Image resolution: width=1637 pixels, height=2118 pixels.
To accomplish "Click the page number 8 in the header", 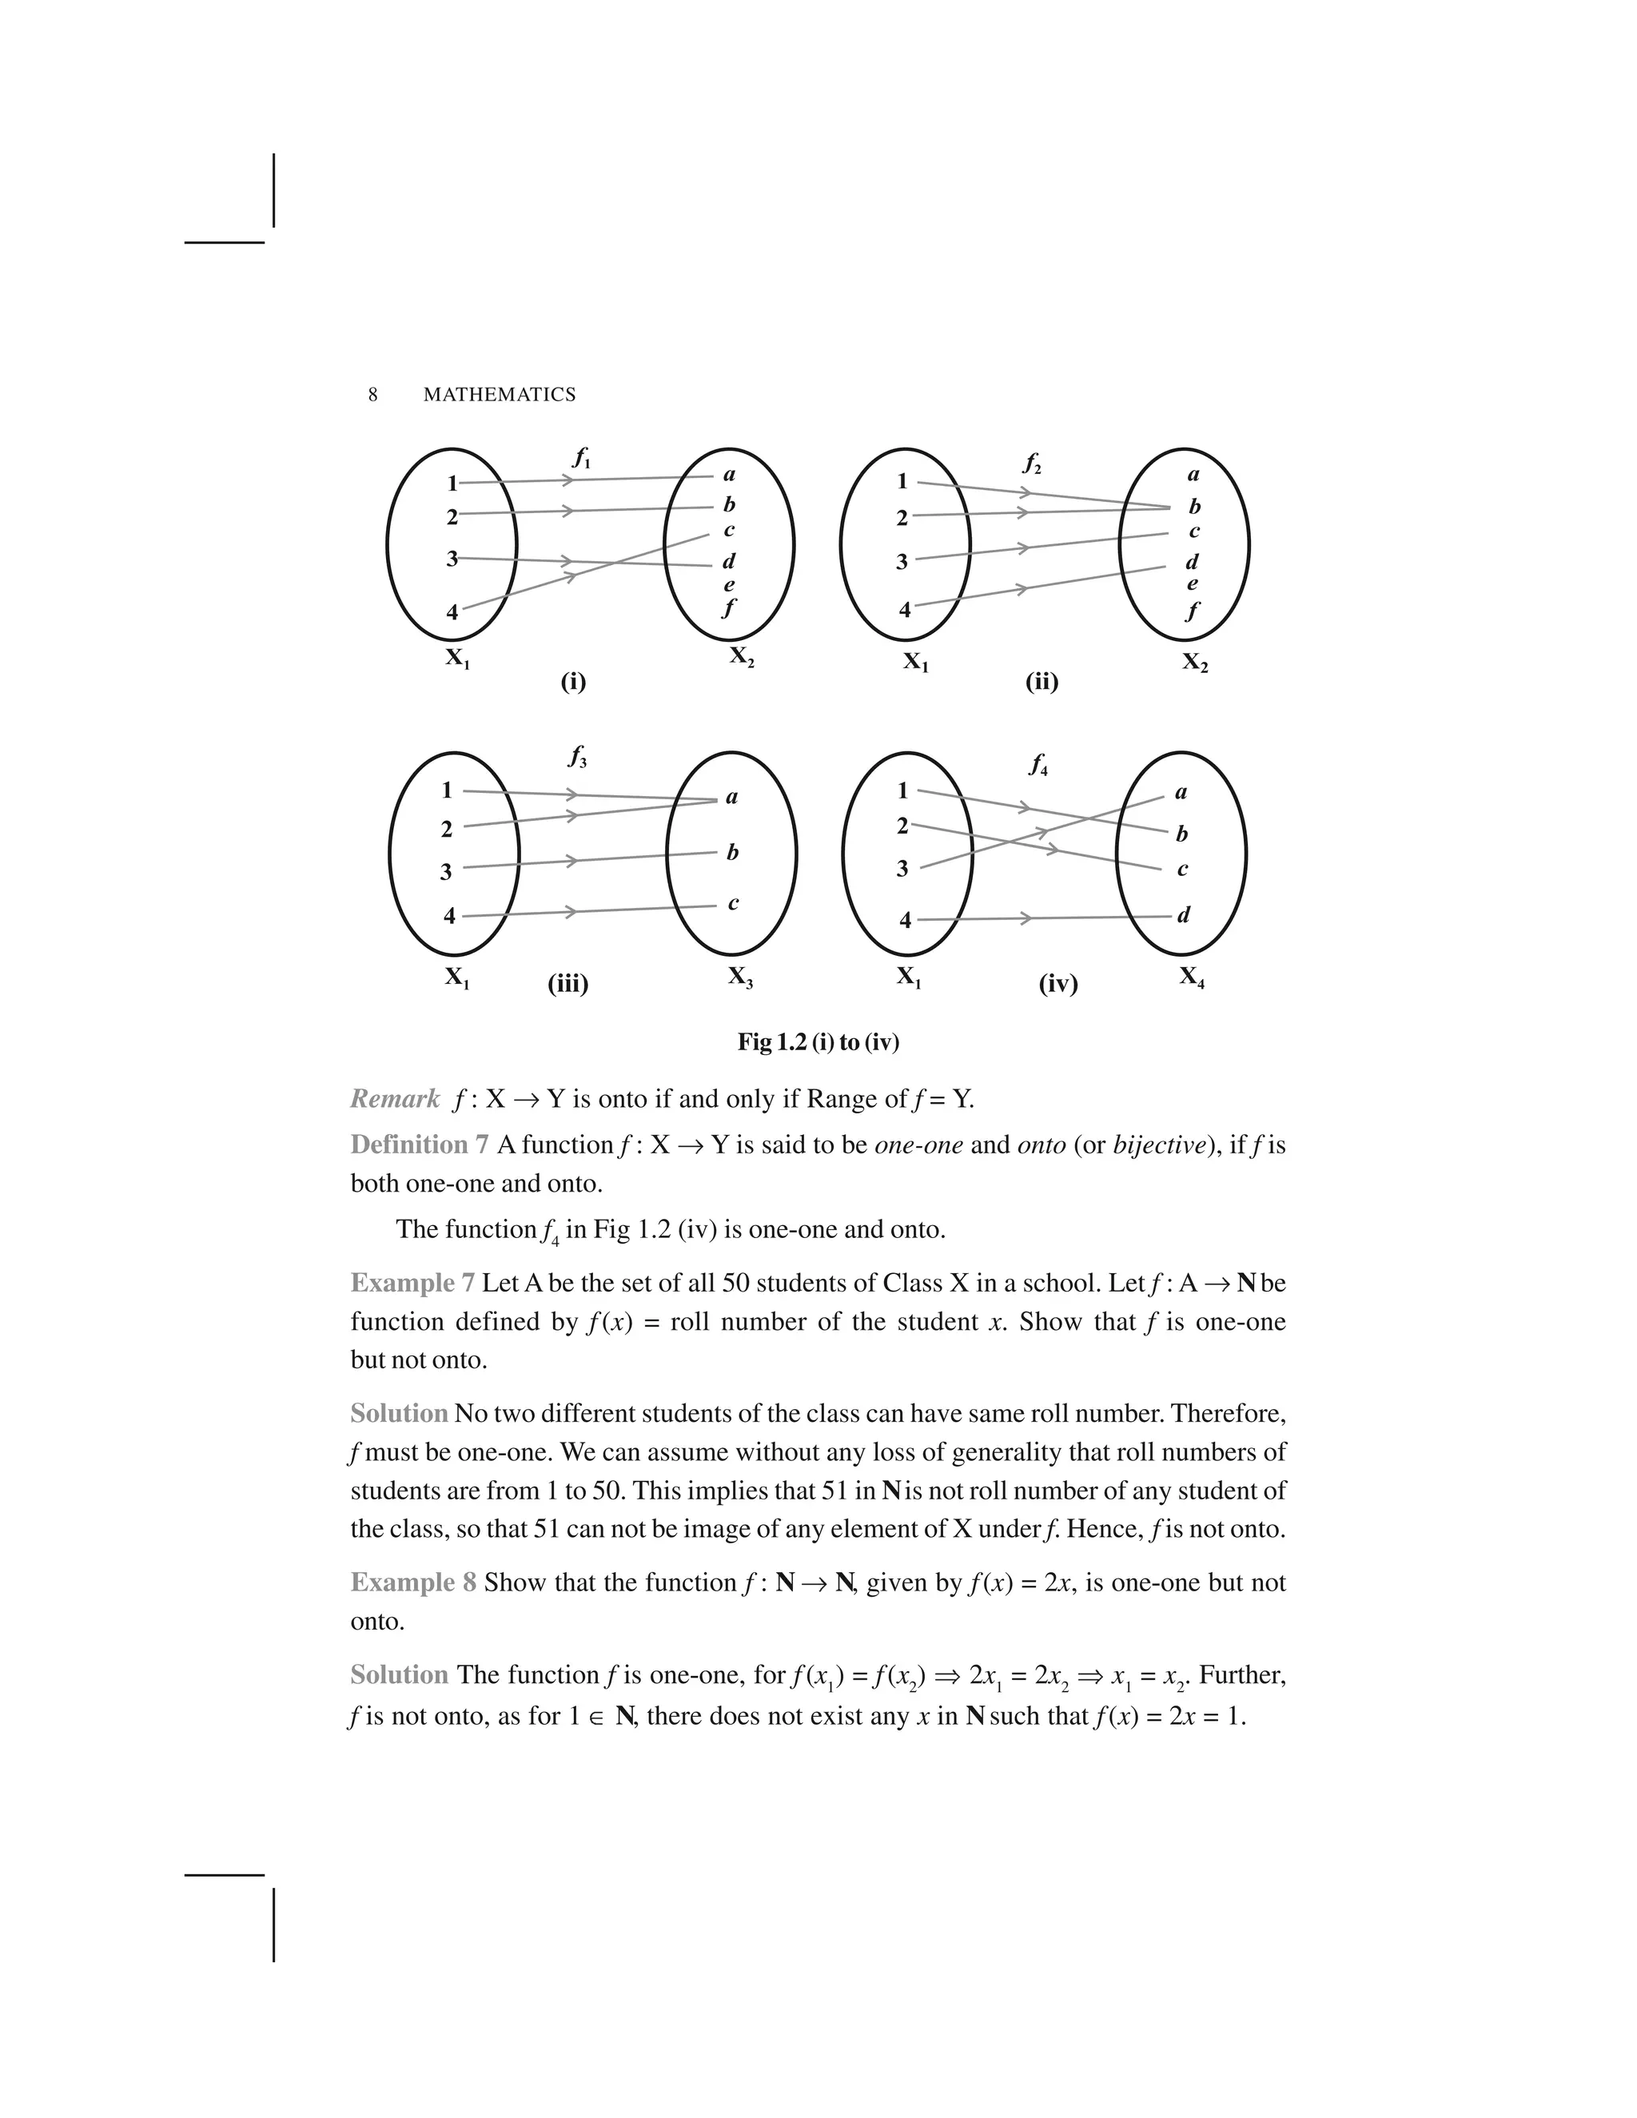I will [x=372, y=395].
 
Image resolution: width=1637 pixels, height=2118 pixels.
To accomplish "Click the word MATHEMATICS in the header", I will [x=500, y=395].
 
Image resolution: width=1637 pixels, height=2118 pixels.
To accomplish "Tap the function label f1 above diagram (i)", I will [x=581, y=458].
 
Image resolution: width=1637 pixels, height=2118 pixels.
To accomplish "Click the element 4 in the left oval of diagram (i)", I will [x=452, y=613].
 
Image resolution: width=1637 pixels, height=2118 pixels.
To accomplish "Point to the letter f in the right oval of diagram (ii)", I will [x=1193, y=611].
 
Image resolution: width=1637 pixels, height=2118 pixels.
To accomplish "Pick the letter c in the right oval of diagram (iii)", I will [x=733, y=903].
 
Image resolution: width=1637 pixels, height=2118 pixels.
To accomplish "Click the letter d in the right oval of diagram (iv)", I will [x=1183, y=914].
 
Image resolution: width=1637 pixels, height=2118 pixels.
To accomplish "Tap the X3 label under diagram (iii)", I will [x=741, y=977].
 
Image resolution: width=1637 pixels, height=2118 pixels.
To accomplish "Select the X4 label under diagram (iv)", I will [x=1192, y=977].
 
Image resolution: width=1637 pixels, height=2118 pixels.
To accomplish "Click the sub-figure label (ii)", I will [x=1042, y=682].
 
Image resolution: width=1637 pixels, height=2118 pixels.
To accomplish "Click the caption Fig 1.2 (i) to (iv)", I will [x=818, y=1042].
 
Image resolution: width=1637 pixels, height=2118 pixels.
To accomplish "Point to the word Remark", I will [x=395, y=1099].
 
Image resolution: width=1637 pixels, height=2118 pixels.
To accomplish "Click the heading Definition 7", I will [x=419, y=1145].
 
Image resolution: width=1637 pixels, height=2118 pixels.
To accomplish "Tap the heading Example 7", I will [x=412, y=1283].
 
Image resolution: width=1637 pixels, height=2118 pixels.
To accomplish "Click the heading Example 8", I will [x=413, y=1583].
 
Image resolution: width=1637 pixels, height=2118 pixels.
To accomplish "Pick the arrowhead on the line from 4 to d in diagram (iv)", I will [x=1025, y=918].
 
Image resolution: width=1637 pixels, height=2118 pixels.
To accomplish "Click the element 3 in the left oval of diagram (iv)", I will [x=903, y=869].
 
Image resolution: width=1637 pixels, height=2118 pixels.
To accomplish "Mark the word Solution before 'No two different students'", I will [x=399, y=1413].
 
